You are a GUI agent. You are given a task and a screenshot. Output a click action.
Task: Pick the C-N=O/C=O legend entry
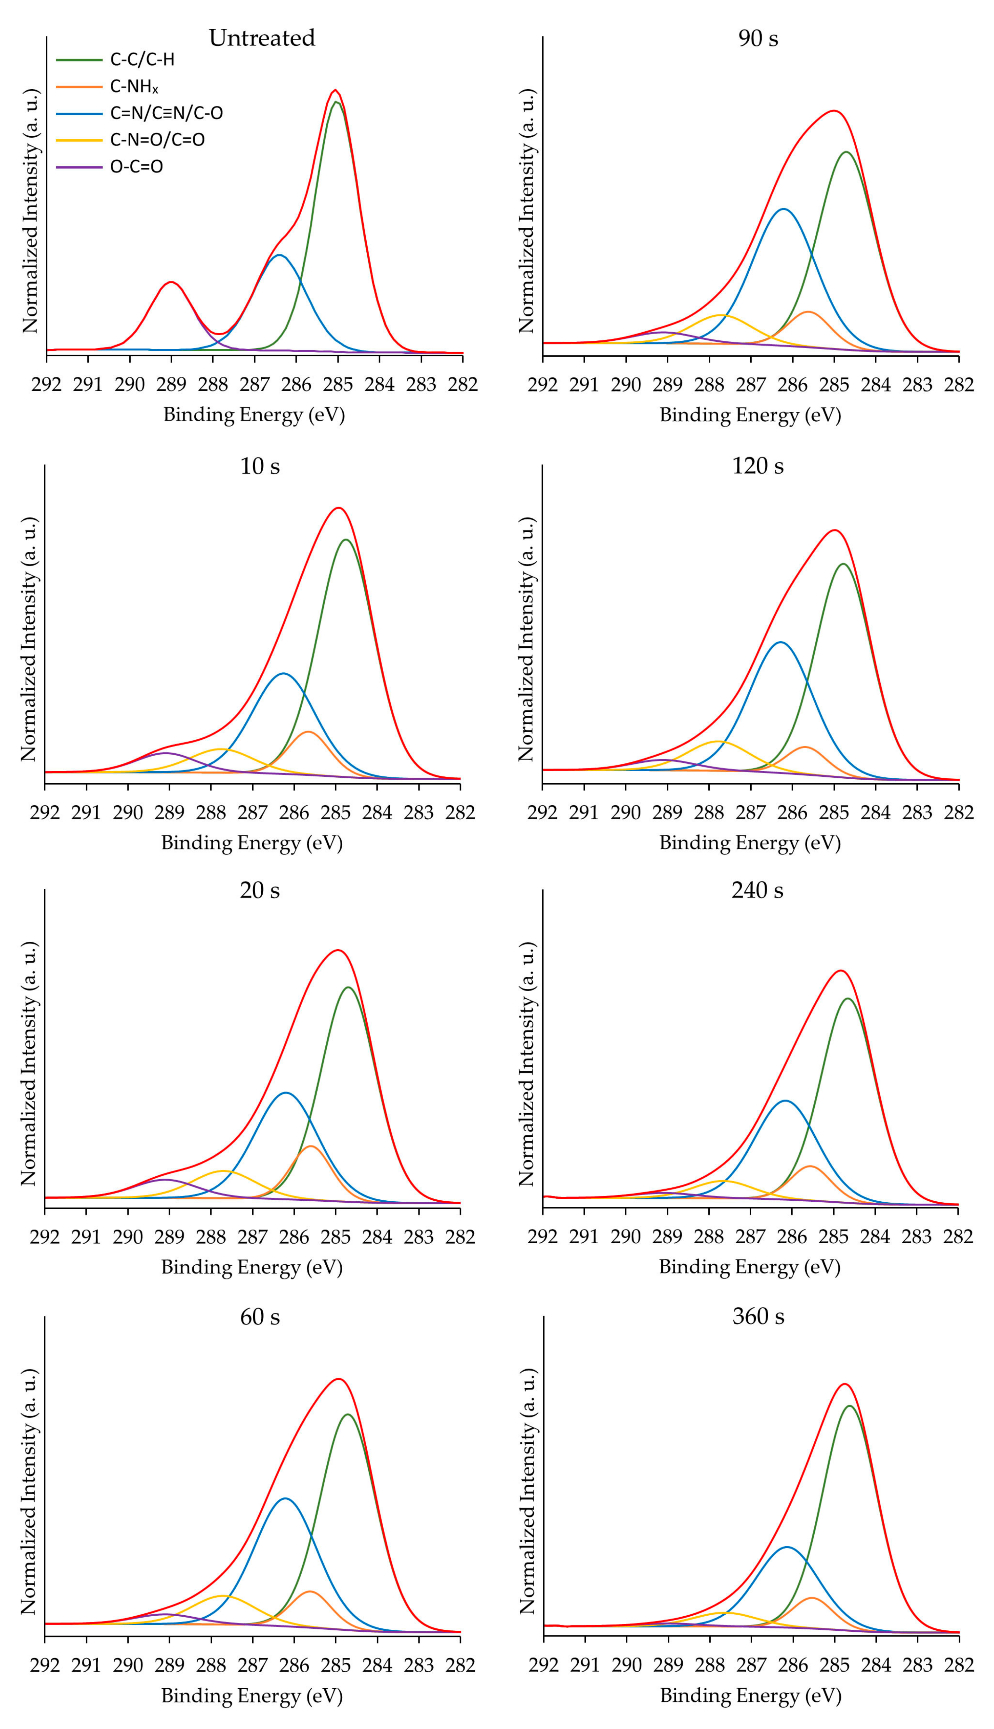[x=157, y=140]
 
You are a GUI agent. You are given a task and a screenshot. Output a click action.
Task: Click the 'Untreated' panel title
[x=262, y=37]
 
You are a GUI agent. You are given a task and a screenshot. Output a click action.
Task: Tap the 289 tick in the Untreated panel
[x=171, y=384]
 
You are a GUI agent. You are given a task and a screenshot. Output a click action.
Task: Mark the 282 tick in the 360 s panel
[x=958, y=1665]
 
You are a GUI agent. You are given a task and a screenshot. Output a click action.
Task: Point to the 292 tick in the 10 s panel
[x=45, y=812]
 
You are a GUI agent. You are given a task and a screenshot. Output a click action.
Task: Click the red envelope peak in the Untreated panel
[x=335, y=90]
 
